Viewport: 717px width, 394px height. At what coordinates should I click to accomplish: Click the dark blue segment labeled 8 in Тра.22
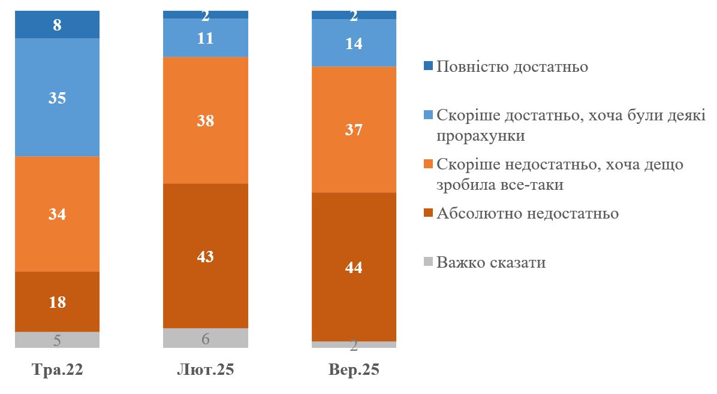pyautogui.click(x=57, y=25)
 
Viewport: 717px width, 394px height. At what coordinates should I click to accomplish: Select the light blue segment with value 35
pyautogui.click(x=57, y=97)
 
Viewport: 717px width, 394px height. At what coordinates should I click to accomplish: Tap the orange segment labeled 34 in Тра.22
pyautogui.click(x=57, y=214)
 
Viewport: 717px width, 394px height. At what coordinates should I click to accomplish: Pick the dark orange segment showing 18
pyautogui.click(x=57, y=301)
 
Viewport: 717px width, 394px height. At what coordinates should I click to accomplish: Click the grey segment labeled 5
pyautogui.click(x=57, y=340)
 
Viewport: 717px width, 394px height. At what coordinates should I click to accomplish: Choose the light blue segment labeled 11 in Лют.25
pyautogui.click(x=205, y=38)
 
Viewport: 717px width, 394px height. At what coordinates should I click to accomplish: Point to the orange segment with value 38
pyautogui.click(x=205, y=120)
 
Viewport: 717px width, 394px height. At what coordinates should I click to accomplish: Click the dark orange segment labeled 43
pyautogui.click(x=205, y=256)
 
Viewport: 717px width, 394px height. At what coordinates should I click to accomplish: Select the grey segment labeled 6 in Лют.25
pyautogui.click(x=205, y=338)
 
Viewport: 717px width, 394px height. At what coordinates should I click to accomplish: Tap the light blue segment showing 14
pyautogui.click(x=354, y=43)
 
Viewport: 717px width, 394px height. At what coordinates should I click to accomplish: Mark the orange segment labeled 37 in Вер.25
pyautogui.click(x=354, y=129)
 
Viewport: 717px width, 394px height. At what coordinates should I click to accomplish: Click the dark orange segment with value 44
pyautogui.click(x=354, y=266)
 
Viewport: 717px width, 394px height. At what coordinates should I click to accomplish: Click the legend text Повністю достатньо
pyautogui.click(x=512, y=66)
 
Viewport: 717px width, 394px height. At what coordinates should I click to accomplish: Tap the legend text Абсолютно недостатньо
pyautogui.click(x=528, y=213)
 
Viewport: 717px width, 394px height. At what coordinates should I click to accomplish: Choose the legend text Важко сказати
pyautogui.click(x=491, y=262)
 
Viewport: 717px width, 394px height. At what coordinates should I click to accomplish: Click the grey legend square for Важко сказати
pyautogui.click(x=429, y=262)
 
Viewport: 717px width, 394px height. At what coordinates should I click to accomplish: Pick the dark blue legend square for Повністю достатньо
pyautogui.click(x=429, y=66)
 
